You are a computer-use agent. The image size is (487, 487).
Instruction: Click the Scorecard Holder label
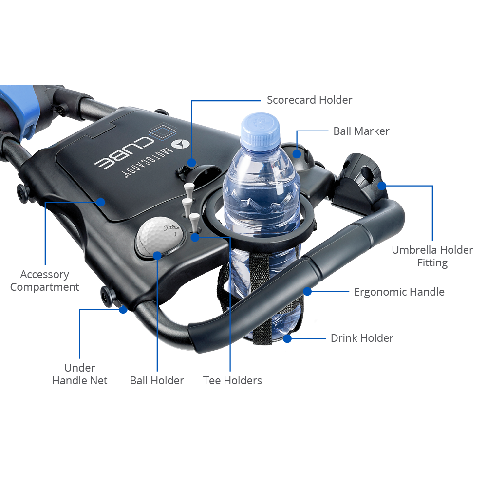tap(309, 100)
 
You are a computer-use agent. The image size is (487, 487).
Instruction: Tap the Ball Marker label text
tap(361, 131)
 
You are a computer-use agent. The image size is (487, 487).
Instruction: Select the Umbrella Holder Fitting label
tap(432, 256)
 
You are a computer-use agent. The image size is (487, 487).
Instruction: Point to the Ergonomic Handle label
tap(399, 292)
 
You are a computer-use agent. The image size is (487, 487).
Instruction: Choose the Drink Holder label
tap(362, 338)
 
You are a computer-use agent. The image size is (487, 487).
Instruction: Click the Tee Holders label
tap(232, 380)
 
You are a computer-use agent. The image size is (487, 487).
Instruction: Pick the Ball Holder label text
tap(157, 380)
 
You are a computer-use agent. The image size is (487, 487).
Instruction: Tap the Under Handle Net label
tap(80, 374)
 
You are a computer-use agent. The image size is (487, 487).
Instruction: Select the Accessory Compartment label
tap(45, 281)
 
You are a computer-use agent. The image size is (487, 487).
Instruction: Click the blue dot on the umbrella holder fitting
tap(382, 186)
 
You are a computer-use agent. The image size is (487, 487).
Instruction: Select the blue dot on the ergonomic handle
tap(307, 291)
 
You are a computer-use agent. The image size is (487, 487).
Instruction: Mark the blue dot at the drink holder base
tap(287, 338)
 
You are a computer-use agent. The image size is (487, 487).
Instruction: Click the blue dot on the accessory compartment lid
tap(100, 202)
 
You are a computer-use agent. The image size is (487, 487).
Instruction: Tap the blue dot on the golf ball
tap(157, 256)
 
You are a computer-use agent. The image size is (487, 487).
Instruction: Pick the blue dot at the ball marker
tap(297, 154)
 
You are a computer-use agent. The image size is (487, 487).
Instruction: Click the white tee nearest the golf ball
tap(194, 221)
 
